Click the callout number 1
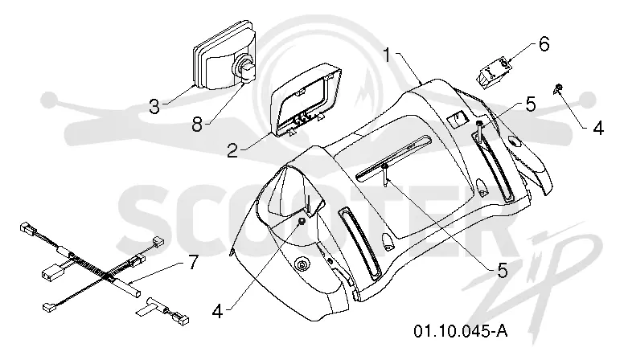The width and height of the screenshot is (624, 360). click(388, 55)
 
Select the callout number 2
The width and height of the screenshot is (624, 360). click(233, 150)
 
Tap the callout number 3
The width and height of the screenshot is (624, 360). click(154, 106)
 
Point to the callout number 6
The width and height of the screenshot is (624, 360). click(544, 43)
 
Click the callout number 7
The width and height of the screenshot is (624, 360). click(193, 262)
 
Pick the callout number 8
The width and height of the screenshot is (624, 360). click(197, 124)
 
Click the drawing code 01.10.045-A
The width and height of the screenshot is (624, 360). click(461, 330)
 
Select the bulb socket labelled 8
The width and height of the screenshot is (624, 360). click(244, 69)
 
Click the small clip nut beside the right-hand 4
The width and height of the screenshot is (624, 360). click(557, 88)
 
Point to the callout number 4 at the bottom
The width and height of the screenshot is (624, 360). click(217, 312)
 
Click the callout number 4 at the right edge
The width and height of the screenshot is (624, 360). click(598, 129)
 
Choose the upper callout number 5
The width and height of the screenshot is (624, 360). click(531, 104)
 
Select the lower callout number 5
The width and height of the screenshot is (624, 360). click(503, 271)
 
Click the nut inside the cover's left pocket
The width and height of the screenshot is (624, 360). click(302, 222)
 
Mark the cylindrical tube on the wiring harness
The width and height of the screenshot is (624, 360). click(128, 288)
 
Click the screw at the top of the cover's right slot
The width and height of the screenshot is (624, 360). click(479, 130)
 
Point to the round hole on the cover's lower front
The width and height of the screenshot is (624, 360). click(303, 264)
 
